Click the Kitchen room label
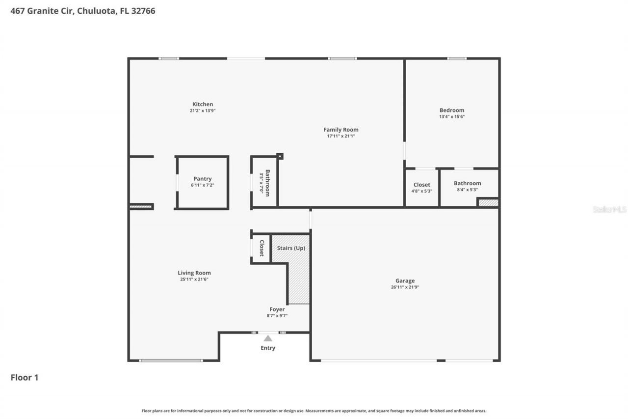tap(203, 104)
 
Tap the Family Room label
tap(340, 130)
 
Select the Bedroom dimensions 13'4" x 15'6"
tap(451, 117)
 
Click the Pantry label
tap(202, 179)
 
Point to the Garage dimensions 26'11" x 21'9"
tap(405, 287)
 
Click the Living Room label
tap(194, 273)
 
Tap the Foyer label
tap(277, 309)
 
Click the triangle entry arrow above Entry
tap(268, 338)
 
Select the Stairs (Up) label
tap(291, 248)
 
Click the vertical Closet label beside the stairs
tap(262, 248)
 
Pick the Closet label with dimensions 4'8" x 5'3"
tap(421, 185)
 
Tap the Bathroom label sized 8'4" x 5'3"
tap(467, 183)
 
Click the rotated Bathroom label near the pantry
tap(267, 183)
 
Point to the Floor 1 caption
tap(25, 378)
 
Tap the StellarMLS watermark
tap(609, 210)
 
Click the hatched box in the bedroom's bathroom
tap(488, 202)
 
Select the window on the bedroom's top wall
tap(457, 58)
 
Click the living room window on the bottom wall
tap(171, 361)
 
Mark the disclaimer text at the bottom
tap(314, 411)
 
